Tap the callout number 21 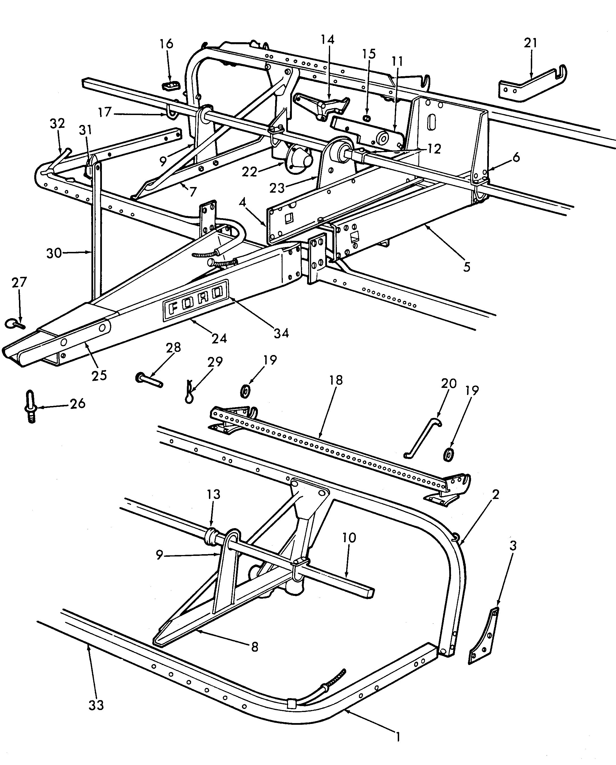click(x=531, y=43)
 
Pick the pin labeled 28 click(x=149, y=380)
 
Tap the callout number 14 click(x=328, y=39)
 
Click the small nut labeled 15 click(x=367, y=118)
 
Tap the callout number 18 click(x=336, y=380)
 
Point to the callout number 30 click(x=54, y=253)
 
